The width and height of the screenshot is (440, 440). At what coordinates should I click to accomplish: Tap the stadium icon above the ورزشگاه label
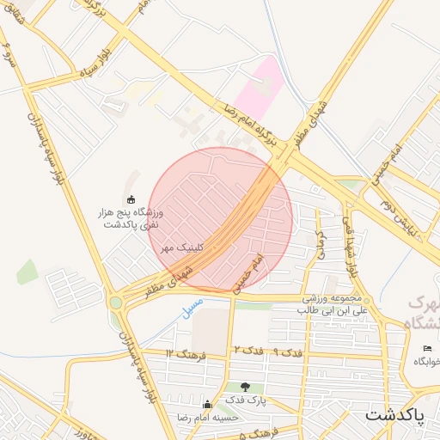pyautogui.click(x=131, y=199)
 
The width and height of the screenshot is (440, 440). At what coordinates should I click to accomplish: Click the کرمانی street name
pyautogui.click(x=321, y=246)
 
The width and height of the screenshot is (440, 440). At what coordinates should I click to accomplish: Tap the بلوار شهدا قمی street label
pyautogui.click(x=351, y=245)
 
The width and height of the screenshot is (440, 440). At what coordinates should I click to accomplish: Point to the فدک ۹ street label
pyautogui.click(x=287, y=353)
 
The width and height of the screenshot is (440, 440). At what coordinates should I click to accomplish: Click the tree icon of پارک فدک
pyautogui.click(x=246, y=388)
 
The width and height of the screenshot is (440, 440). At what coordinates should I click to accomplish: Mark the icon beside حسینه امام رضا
pyautogui.click(x=206, y=405)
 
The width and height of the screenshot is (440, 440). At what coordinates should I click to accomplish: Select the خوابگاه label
pyautogui.click(x=427, y=362)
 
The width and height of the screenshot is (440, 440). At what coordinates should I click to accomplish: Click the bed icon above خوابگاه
pyautogui.click(x=428, y=347)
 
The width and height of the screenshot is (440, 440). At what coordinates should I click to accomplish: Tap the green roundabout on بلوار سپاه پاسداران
pyautogui.click(x=114, y=302)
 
